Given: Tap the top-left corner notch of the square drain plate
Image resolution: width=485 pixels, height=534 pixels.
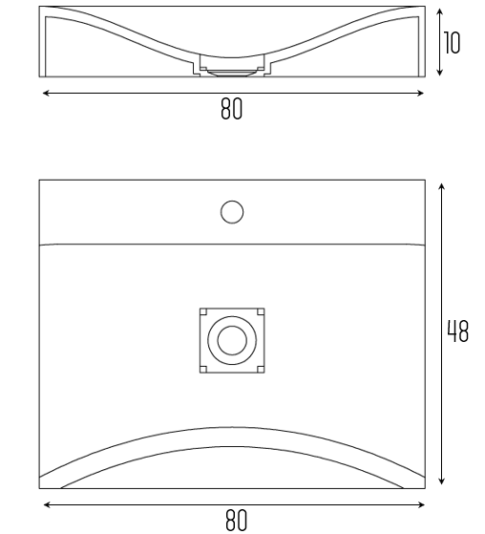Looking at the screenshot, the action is tap(203, 311).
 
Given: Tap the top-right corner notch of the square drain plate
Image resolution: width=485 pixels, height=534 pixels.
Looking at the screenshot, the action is tap(261, 311).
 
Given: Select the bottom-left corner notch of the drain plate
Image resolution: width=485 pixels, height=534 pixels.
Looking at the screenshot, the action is tap(203, 369).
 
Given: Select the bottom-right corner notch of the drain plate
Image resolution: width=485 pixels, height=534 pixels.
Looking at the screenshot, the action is tap(261, 369).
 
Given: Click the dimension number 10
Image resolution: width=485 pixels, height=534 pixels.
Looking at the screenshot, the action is tap(452, 43).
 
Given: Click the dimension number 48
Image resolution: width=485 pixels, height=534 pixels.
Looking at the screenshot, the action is tap(457, 331).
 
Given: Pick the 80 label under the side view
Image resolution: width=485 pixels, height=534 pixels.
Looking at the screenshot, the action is tap(232, 109).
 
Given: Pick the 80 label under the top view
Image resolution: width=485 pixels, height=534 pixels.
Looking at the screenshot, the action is tap(236, 521).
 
